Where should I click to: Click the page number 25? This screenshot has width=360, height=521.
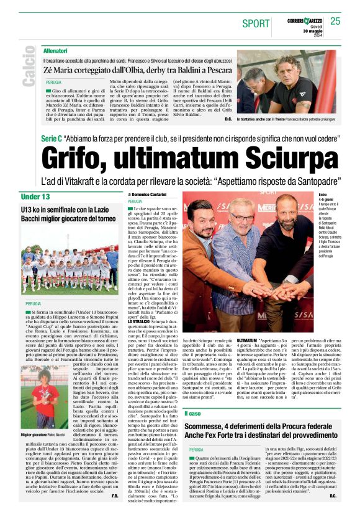pyautogui.click(x=335, y=21)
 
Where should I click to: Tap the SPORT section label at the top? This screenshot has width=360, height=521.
pyautogui.click(x=256, y=23)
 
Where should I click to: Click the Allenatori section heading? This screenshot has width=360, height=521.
pyautogui.click(x=56, y=48)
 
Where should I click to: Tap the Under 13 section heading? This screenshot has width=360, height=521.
pyautogui.click(x=35, y=197)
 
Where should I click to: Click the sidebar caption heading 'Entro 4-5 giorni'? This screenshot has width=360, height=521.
pyautogui.click(x=326, y=198)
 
